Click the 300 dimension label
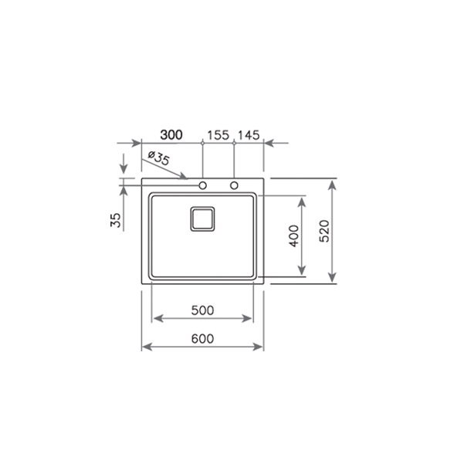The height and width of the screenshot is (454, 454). click(x=171, y=135)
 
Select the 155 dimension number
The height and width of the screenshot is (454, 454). click(x=218, y=135)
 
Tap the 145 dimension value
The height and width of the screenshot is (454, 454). click(x=249, y=135)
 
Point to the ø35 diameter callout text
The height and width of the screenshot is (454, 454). click(x=158, y=158)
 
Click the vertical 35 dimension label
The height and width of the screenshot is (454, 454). click(x=116, y=220)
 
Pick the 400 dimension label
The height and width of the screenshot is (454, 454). click(x=294, y=236)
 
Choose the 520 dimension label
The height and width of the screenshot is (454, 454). click(x=324, y=231)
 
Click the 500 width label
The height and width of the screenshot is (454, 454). click(x=202, y=310)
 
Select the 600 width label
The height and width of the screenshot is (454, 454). click(x=202, y=338)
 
